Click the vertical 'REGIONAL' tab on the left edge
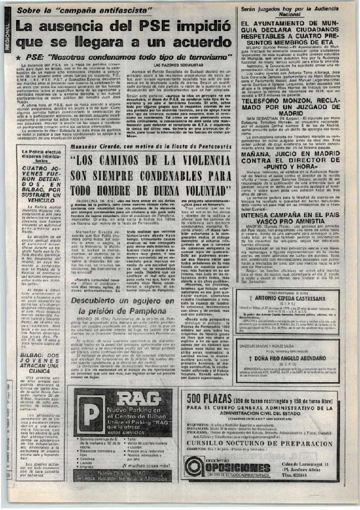pos(7,38)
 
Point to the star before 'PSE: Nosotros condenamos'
pos(19,56)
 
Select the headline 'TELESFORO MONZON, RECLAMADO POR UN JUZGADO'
pos(294,108)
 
